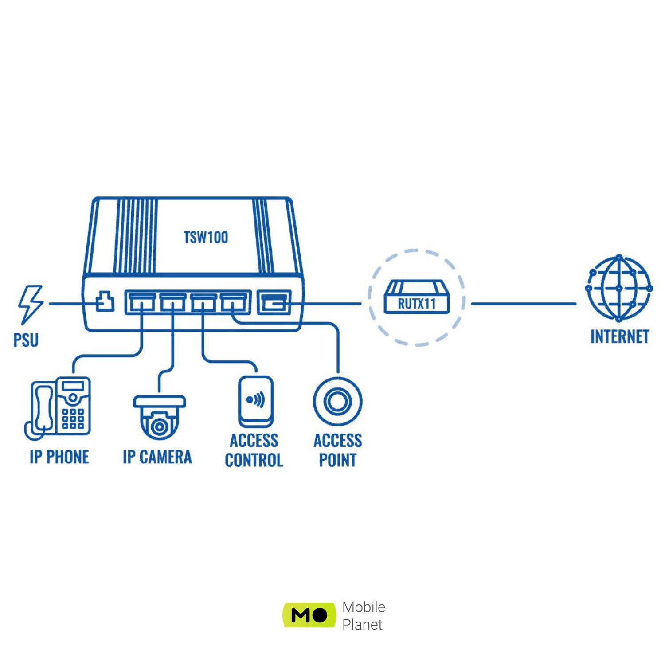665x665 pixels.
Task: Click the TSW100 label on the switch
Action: point(206,238)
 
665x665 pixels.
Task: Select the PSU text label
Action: point(26,340)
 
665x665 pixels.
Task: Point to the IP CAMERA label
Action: point(157,457)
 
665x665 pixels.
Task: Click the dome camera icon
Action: point(160,417)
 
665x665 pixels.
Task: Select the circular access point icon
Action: point(337,402)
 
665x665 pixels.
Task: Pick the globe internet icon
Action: point(619,288)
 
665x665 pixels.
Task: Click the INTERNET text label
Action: point(619,337)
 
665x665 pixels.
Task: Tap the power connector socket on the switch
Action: point(105,302)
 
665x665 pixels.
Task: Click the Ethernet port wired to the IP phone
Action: point(141,302)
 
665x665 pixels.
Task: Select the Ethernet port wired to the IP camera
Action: point(172,302)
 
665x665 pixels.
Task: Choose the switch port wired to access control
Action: point(203,302)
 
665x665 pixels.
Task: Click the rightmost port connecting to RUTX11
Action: point(274,302)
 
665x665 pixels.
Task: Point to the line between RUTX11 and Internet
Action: point(523,304)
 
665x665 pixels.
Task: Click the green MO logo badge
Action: point(309,615)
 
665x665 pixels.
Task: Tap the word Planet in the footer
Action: point(362,625)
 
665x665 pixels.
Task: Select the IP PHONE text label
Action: point(59,457)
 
